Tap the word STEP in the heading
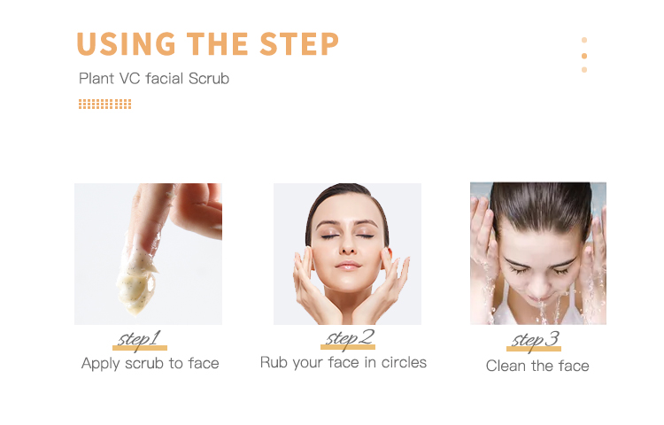pyautogui.click(x=299, y=43)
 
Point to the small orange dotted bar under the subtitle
pyautogui.click(x=104, y=104)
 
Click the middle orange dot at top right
pyautogui.click(x=584, y=55)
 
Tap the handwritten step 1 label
pyautogui.click(x=139, y=338)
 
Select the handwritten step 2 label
pyautogui.click(x=349, y=337)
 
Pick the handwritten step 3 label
pyautogui.click(x=536, y=340)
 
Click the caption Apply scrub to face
pyautogui.click(x=150, y=363)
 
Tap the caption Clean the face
pyautogui.click(x=537, y=366)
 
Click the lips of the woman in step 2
pyautogui.click(x=349, y=265)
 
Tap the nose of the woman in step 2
pyautogui.click(x=348, y=248)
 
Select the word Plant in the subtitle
pyautogui.click(x=97, y=79)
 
